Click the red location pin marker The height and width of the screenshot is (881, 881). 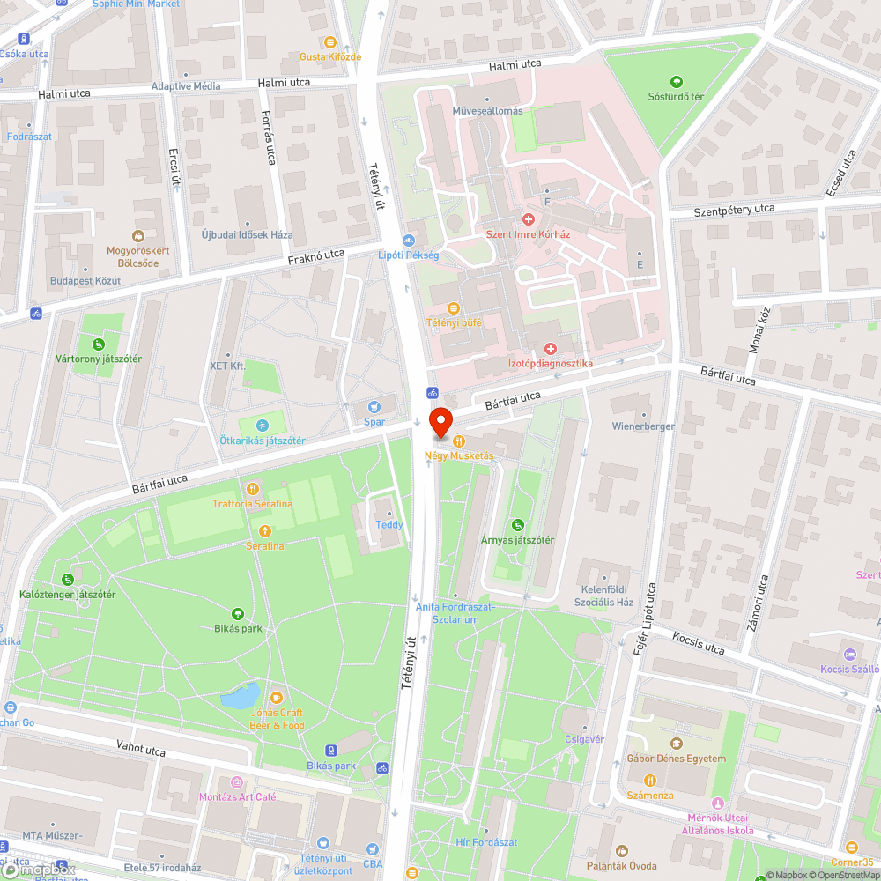pos(440,422)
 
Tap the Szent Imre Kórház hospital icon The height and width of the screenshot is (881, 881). pos(529,218)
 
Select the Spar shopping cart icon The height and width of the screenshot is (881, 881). pos(375,406)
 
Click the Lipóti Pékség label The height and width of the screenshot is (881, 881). pos(408,255)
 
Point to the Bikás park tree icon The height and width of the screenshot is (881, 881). pos(237,613)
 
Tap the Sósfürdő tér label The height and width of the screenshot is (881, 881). pos(677,97)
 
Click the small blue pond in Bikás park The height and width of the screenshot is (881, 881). pos(240,696)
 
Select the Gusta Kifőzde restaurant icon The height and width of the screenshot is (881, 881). pos(330,41)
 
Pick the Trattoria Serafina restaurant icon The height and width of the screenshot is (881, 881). pos(252,488)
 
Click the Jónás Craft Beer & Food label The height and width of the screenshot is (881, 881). pos(278,719)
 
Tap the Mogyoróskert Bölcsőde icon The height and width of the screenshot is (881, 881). pos(137,235)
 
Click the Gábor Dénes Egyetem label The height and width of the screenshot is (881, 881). pos(677,759)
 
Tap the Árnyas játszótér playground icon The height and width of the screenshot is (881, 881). pos(517,524)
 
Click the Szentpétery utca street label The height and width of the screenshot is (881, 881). pos(734,209)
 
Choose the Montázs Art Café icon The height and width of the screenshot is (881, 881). pos(236,781)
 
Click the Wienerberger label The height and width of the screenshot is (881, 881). pos(643,426)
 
